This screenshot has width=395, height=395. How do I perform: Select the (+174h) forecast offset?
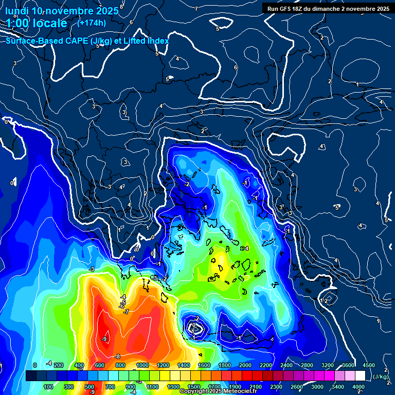tap(92, 23)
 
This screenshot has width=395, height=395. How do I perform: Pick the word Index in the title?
tap(158, 41)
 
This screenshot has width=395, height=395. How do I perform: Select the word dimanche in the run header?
tap(335, 9)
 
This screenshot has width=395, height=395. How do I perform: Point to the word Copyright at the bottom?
tap(195, 391)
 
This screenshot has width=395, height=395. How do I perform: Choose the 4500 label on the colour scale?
tap(368, 365)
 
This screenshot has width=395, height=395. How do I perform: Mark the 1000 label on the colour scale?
tap(142, 365)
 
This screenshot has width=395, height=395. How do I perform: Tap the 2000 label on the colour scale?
tap(245, 365)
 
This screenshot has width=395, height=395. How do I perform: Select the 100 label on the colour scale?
tap(48, 387)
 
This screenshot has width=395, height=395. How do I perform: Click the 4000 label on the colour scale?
tap(358, 387)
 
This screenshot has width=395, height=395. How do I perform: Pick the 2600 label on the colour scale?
tap(296, 387)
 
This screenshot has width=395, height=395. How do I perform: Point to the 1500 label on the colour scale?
tap(194, 387)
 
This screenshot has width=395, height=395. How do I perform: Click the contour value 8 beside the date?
tap(121, 7)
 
